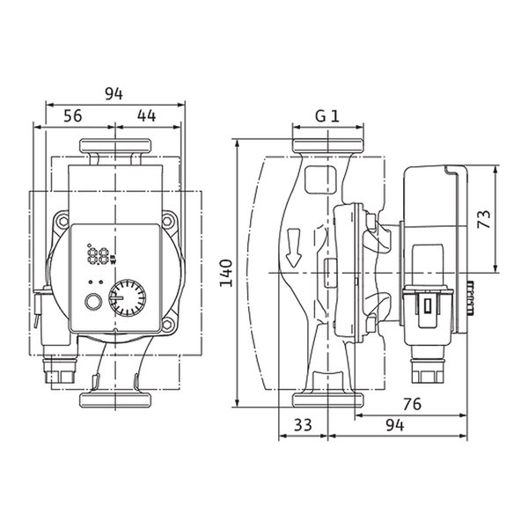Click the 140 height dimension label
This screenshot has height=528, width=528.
tap(226, 273)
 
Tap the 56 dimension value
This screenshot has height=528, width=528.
tap(73, 116)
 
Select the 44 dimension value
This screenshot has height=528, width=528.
tap(146, 116)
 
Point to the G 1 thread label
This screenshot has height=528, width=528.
tap(327, 116)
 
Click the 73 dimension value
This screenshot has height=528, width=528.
tap(485, 219)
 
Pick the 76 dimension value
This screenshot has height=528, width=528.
tap(412, 404)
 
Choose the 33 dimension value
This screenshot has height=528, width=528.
tap(303, 425)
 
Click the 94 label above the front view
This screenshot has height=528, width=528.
tap(114, 94)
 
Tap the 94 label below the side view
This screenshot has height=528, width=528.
tap(394, 426)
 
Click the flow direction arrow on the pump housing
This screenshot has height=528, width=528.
tap(293, 248)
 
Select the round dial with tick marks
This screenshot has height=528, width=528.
tap(128, 297)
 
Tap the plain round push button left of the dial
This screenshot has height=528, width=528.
tap(92, 301)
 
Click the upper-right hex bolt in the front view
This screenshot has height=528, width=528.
tap(167, 221)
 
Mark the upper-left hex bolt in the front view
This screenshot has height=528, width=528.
tap(63, 221)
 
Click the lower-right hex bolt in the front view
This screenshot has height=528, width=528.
tap(167, 325)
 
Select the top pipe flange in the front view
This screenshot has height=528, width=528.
tap(115, 145)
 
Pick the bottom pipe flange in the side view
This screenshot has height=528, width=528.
tap(328, 400)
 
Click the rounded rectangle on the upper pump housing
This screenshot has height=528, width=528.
tap(320, 180)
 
